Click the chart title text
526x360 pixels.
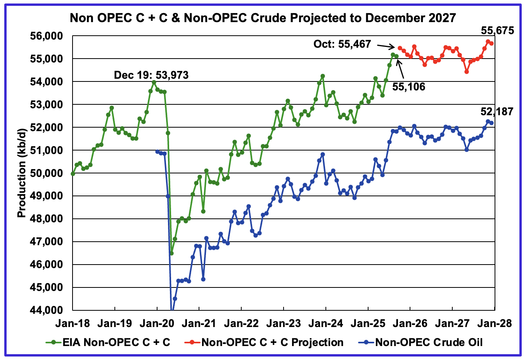pos(263,18)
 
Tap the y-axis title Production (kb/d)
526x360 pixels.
pos(22,173)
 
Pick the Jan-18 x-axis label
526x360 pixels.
pos(73,323)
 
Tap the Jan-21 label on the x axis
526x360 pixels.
pos(199,323)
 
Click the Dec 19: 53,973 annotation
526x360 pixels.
pos(151,75)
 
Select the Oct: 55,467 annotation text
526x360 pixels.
pos(342,44)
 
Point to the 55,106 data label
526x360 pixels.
pos(408,87)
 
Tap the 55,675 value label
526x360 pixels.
pos(497,30)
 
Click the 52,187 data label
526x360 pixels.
pos(497,112)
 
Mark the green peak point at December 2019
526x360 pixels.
pos(154,82)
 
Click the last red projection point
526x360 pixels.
pos(491,43)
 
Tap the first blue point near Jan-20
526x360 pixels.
pos(157,152)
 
